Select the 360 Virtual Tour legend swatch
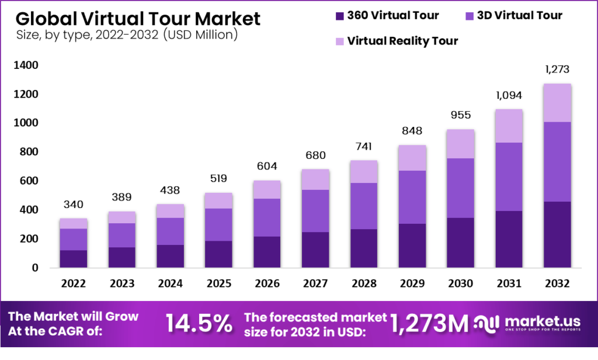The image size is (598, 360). [x=339, y=16]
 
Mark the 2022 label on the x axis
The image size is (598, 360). [x=74, y=283]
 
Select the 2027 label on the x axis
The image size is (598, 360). [x=315, y=283]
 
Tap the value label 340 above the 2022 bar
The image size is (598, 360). [x=74, y=205]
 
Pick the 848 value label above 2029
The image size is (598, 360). [x=411, y=131]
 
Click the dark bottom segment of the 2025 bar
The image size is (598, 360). [x=218, y=254]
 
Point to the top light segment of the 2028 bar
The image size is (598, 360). [x=363, y=171]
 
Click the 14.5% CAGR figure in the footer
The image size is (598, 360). [x=199, y=324]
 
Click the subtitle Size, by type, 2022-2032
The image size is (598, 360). [x=123, y=36]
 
